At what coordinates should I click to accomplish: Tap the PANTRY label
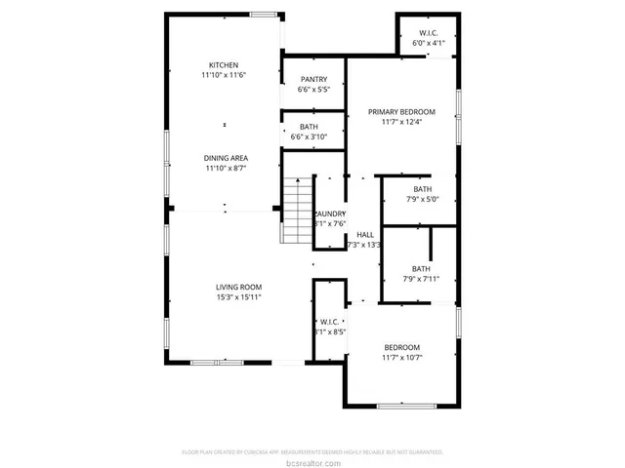[x=313, y=80]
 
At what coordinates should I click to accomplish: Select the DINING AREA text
[x=225, y=158]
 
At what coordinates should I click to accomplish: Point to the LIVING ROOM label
[x=238, y=287]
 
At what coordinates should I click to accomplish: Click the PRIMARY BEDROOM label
[x=401, y=112]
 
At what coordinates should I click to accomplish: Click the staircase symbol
[x=296, y=211]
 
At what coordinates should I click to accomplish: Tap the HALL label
[x=365, y=235]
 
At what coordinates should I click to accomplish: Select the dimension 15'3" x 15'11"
[x=238, y=297]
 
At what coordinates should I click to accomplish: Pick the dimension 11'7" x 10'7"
[x=401, y=358]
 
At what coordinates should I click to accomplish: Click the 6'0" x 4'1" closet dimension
[x=429, y=44]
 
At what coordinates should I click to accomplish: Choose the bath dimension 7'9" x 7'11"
[x=421, y=280]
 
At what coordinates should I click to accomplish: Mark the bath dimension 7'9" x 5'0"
[x=421, y=200]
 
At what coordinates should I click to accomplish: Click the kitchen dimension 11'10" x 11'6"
[x=223, y=76]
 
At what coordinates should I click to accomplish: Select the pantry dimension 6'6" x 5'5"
[x=313, y=91]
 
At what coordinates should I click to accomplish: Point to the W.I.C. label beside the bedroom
[x=327, y=321]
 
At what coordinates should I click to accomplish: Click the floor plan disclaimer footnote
[x=312, y=452]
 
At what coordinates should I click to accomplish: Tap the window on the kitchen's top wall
[x=263, y=15]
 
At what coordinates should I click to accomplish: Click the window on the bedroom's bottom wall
[x=403, y=406]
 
